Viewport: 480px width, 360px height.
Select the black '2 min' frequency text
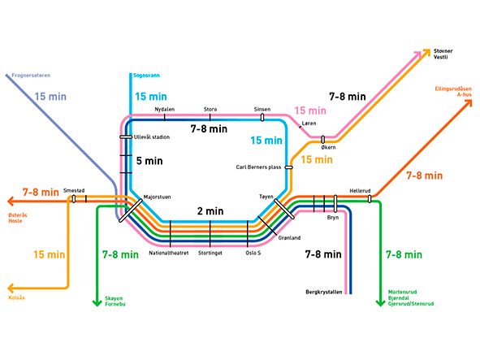210,211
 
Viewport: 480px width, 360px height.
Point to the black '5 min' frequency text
149,160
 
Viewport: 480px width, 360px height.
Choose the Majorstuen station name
158,197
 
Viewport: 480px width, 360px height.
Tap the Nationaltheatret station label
169,253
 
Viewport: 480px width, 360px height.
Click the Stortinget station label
210,253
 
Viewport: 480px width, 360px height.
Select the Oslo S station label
253,253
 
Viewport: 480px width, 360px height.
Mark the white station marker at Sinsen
262,117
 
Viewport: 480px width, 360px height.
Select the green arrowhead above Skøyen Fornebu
97,303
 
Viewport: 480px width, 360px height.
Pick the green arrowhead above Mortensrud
379,303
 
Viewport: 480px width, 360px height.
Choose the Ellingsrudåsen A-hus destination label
452,91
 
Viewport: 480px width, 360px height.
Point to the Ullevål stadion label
151,137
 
